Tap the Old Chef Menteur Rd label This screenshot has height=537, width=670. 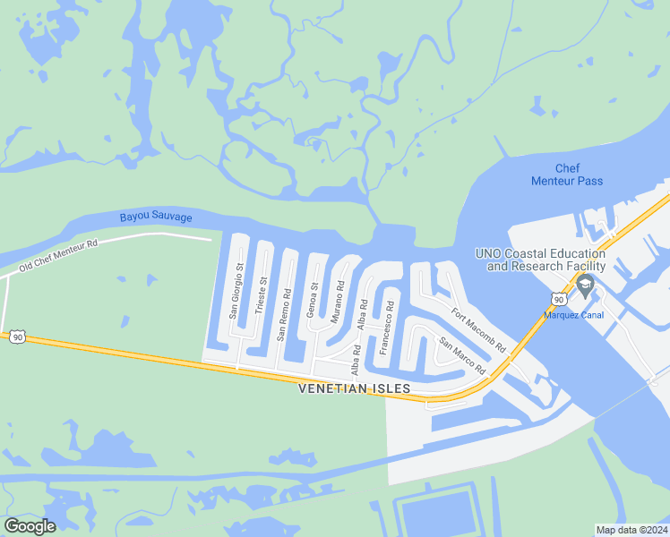pyautogui.click(x=58, y=255)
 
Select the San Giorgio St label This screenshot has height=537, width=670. pyautogui.click(x=237, y=291)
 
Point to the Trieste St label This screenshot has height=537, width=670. pyautogui.click(x=262, y=294)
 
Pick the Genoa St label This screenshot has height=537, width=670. pyautogui.click(x=313, y=300)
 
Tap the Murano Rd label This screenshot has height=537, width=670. pyautogui.click(x=338, y=302)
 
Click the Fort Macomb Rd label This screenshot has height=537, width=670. pyautogui.click(x=479, y=330)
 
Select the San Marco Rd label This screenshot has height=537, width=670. pyautogui.click(x=462, y=355)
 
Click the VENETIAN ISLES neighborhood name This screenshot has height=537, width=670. pyautogui.click(x=354, y=388)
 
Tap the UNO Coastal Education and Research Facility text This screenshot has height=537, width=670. pyautogui.click(x=541, y=260)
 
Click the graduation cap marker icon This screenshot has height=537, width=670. pyautogui.click(x=586, y=286)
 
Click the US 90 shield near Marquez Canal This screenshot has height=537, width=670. pyautogui.click(x=558, y=301)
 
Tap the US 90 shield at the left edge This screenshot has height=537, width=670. pyautogui.click(x=16, y=337)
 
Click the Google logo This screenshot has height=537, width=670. pyautogui.click(x=30, y=526)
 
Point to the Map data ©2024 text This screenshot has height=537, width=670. pyautogui.click(x=631, y=530)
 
